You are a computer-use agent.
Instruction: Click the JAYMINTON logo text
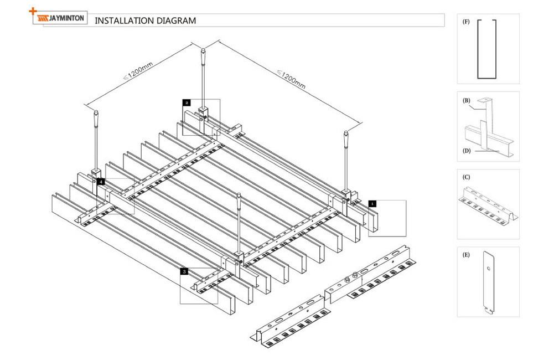pos(66,18)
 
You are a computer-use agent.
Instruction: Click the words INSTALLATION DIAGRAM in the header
pos(146,21)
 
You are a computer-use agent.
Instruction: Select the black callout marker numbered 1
pos(372,203)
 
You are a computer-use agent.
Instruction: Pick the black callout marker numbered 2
pos(187,102)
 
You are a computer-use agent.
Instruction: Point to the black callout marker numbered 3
pos(184,271)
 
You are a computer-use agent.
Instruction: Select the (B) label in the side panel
pos(466,100)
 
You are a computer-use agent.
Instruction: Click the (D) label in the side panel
pos(466,150)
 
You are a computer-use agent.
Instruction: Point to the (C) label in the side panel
pos(466,178)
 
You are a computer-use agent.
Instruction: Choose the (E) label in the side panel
pos(466,255)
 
